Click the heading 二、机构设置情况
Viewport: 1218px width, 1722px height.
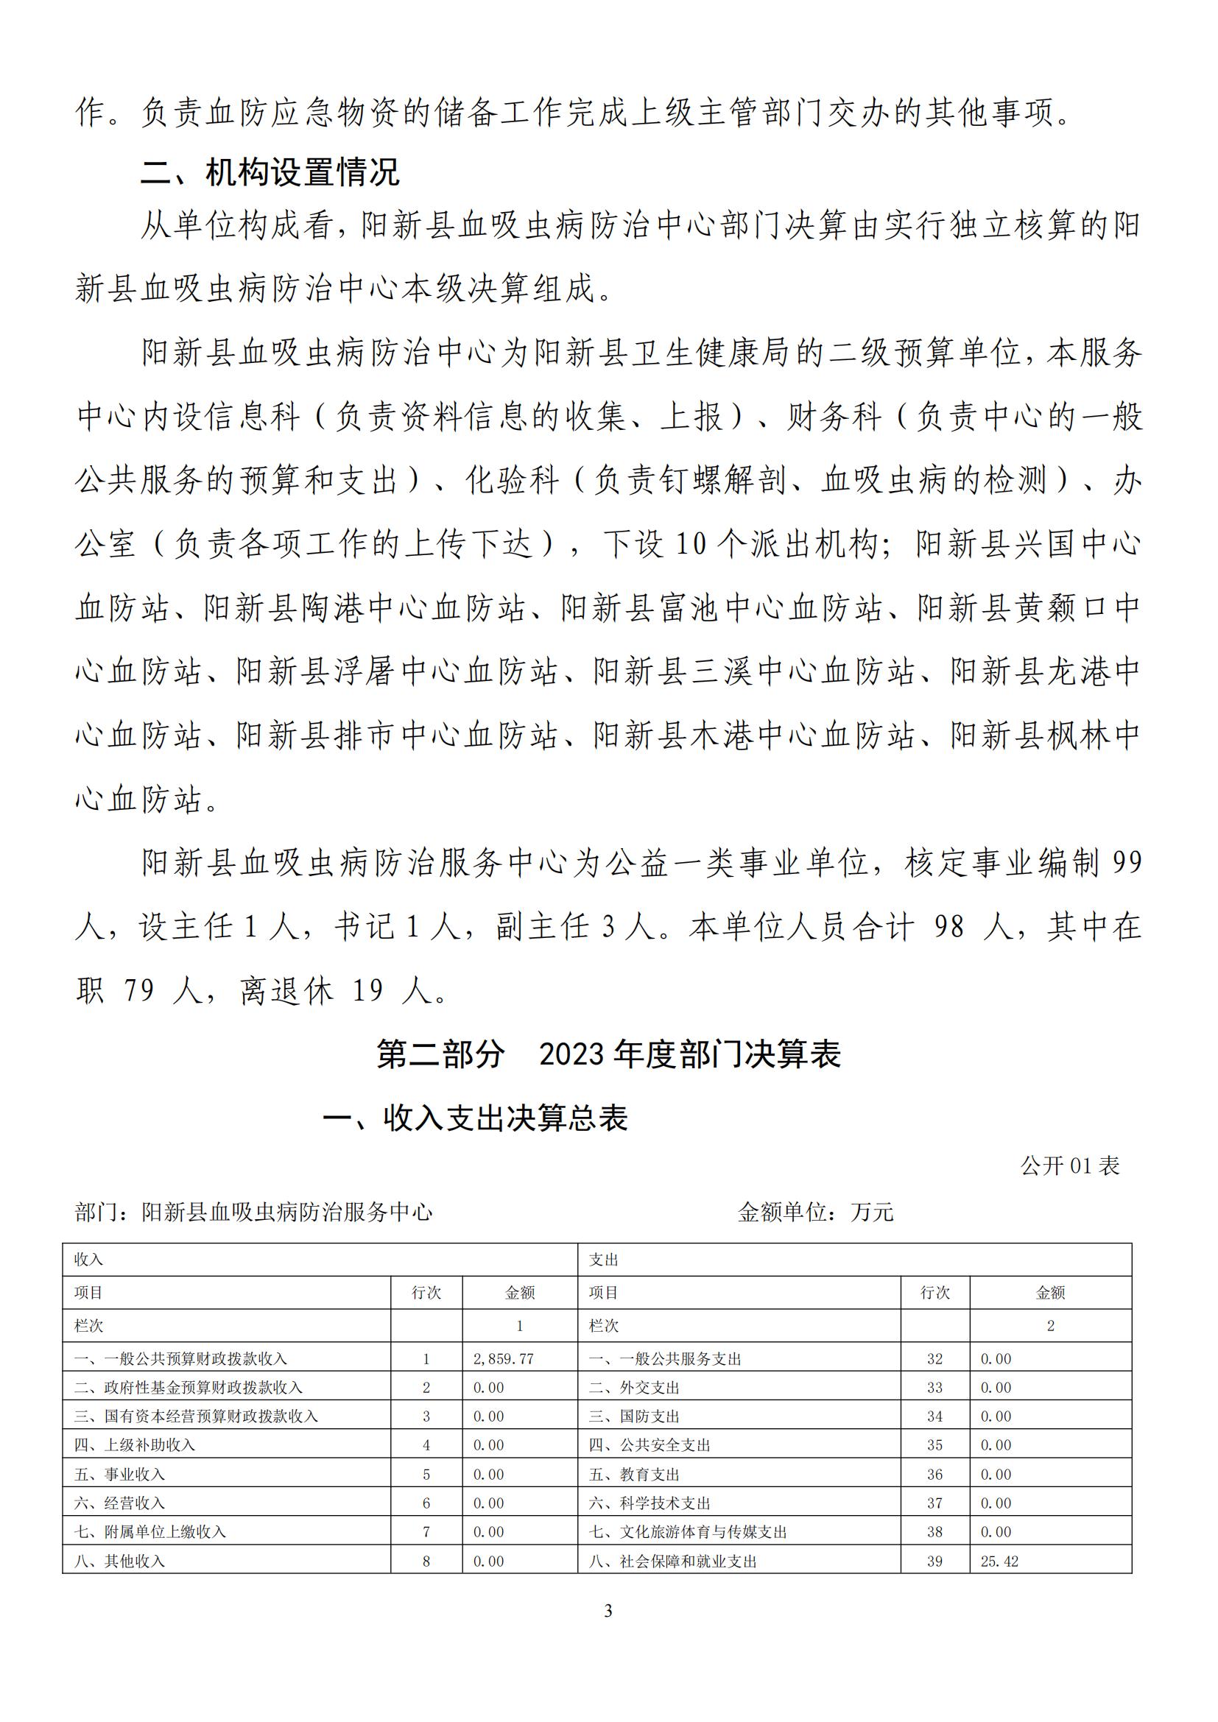pyautogui.click(x=270, y=172)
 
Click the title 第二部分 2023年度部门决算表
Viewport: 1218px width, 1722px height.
pyautogui.click(x=608, y=1054)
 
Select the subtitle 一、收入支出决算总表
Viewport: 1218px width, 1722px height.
pyautogui.click(x=476, y=1118)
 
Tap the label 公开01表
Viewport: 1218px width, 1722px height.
pyautogui.click(x=1070, y=1165)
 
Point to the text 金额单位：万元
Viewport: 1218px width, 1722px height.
pyautogui.click(x=815, y=1212)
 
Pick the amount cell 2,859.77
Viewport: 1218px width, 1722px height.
pyautogui.click(x=503, y=1359)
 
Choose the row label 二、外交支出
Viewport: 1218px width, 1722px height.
pyautogui.click(x=634, y=1388)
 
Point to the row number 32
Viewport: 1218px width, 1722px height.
pyautogui.click(x=934, y=1359)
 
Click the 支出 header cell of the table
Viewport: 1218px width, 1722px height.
pyautogui.click(x=603, y=1260)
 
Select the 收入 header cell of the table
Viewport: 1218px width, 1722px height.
pyautogui.click(x=88, y=1260)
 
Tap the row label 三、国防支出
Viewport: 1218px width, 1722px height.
pyautogui.click(x=634, y=1416)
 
